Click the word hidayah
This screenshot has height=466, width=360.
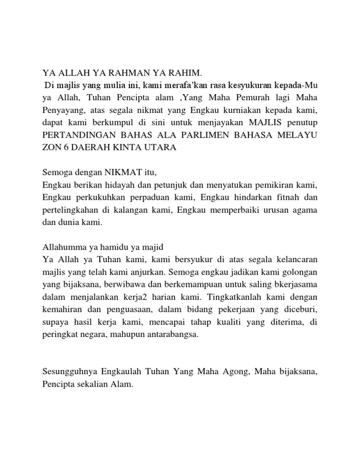pos(116,185)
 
